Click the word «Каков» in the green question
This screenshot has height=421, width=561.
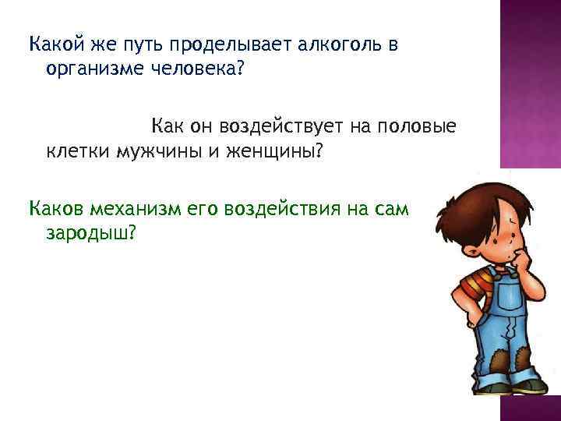(x=56, y=208)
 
